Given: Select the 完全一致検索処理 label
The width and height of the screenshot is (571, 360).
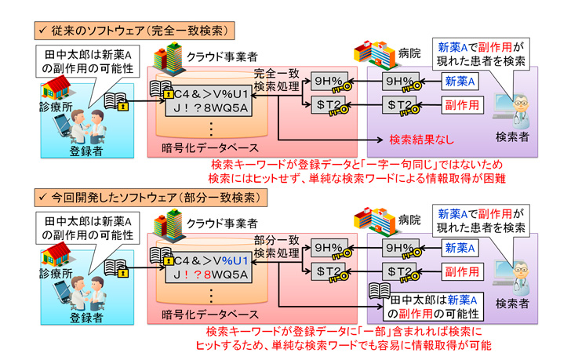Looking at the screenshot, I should (x=278, y=78).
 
